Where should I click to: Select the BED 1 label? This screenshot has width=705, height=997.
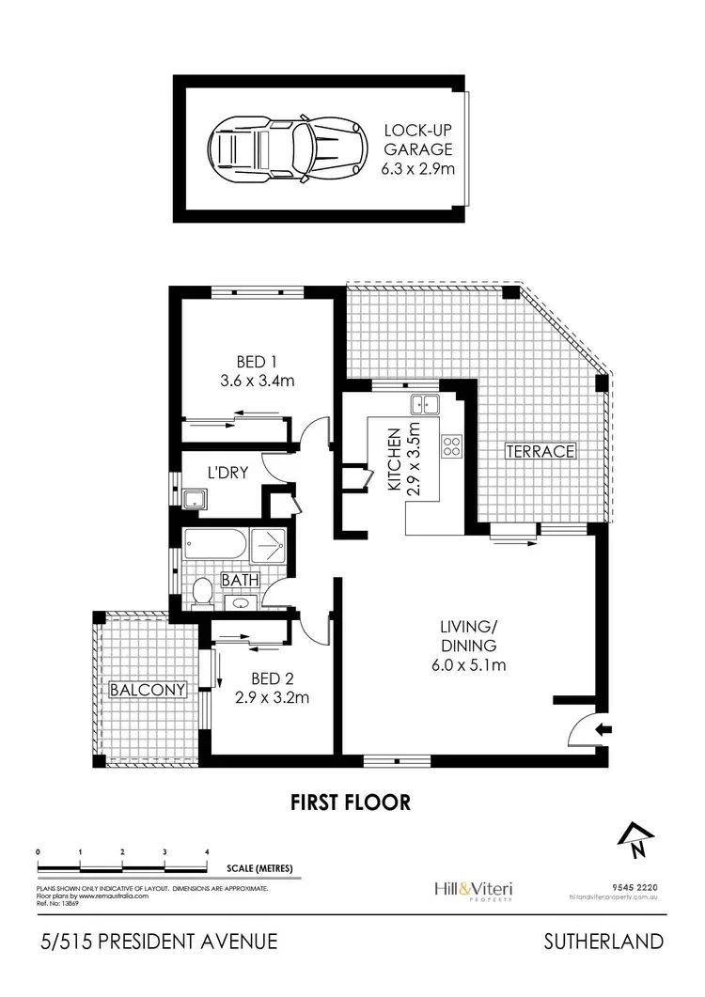coord(251,361)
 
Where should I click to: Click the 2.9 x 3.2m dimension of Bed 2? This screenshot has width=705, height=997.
coord(272,697)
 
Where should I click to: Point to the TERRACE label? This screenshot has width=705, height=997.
coord(540,451)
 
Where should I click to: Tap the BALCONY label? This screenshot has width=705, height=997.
coord(148,690)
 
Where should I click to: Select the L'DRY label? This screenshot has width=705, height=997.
coord(227,473)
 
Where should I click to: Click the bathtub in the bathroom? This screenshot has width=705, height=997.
coord(218,545)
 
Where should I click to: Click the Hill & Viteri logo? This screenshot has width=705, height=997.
coord(478,888)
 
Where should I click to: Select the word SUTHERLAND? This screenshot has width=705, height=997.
coord(603,942)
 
